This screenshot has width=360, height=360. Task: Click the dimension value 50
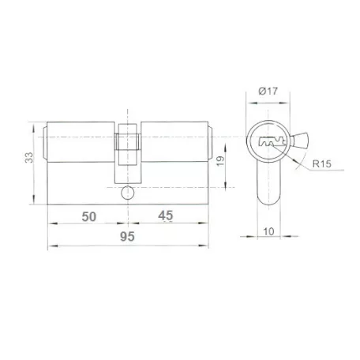coord(89,216)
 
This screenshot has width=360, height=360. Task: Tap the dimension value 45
coord(166,216)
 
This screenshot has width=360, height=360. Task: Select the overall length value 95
coord(127,236)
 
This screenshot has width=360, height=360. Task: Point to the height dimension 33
coord(29,157)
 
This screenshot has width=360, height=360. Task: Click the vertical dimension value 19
coord(220,160)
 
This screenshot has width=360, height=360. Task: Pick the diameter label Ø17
coord(268,91)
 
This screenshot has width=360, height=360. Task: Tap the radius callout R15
coord(321,163)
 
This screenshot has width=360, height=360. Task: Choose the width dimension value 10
coord(268,231)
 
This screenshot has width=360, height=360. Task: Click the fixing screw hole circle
coord(128,193)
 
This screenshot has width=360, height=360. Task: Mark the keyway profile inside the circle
coord(272,141)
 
